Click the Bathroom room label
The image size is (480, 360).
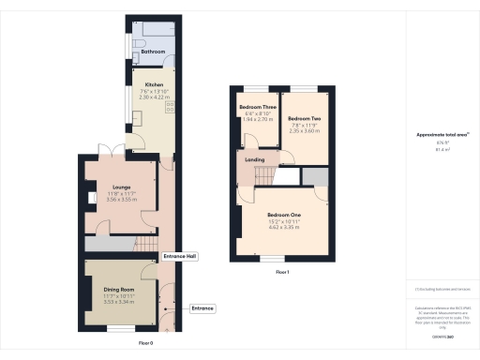tap(153, 52)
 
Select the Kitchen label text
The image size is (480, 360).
tap(152, 84)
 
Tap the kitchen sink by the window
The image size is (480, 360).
tap(137, 117)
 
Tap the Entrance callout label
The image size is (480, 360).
tap(202, 307)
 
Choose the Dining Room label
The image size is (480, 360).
tap(119, 291)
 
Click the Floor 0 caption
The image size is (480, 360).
tap(146, 344)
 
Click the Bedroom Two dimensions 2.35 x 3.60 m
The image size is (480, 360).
tap(304, 131)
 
